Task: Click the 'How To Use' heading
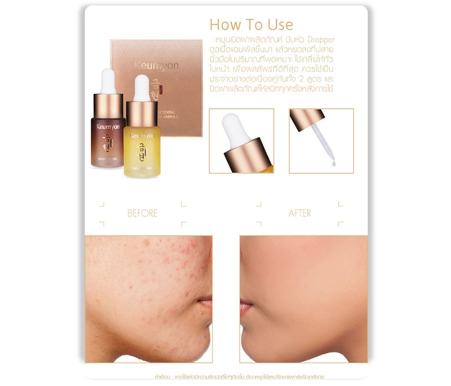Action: coord(251,25)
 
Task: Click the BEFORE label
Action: coord(142,213)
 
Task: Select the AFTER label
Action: coord(300,213)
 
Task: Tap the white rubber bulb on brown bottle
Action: coord(108,81)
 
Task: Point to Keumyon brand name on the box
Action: coord(157,65)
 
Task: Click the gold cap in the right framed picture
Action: coord(307,119)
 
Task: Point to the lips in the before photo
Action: coord(206,305)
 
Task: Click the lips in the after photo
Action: coord(246,308)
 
